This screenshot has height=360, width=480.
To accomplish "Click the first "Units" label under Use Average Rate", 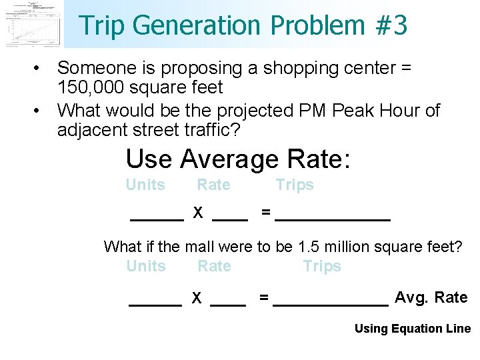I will pos(145,185).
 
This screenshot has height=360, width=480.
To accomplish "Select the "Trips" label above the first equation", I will pos(295,185).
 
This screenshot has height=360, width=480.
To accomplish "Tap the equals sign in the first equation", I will pos(266,213).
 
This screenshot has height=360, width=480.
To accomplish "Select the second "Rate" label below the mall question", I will pos(214,266).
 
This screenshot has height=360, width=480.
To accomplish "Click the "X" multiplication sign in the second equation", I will pos(197,298).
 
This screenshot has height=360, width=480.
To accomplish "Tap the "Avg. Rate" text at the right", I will pos(431,297).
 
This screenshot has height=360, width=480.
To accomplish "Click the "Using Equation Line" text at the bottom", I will pos(412,329).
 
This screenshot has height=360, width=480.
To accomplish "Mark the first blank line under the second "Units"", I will pos(155,303).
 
